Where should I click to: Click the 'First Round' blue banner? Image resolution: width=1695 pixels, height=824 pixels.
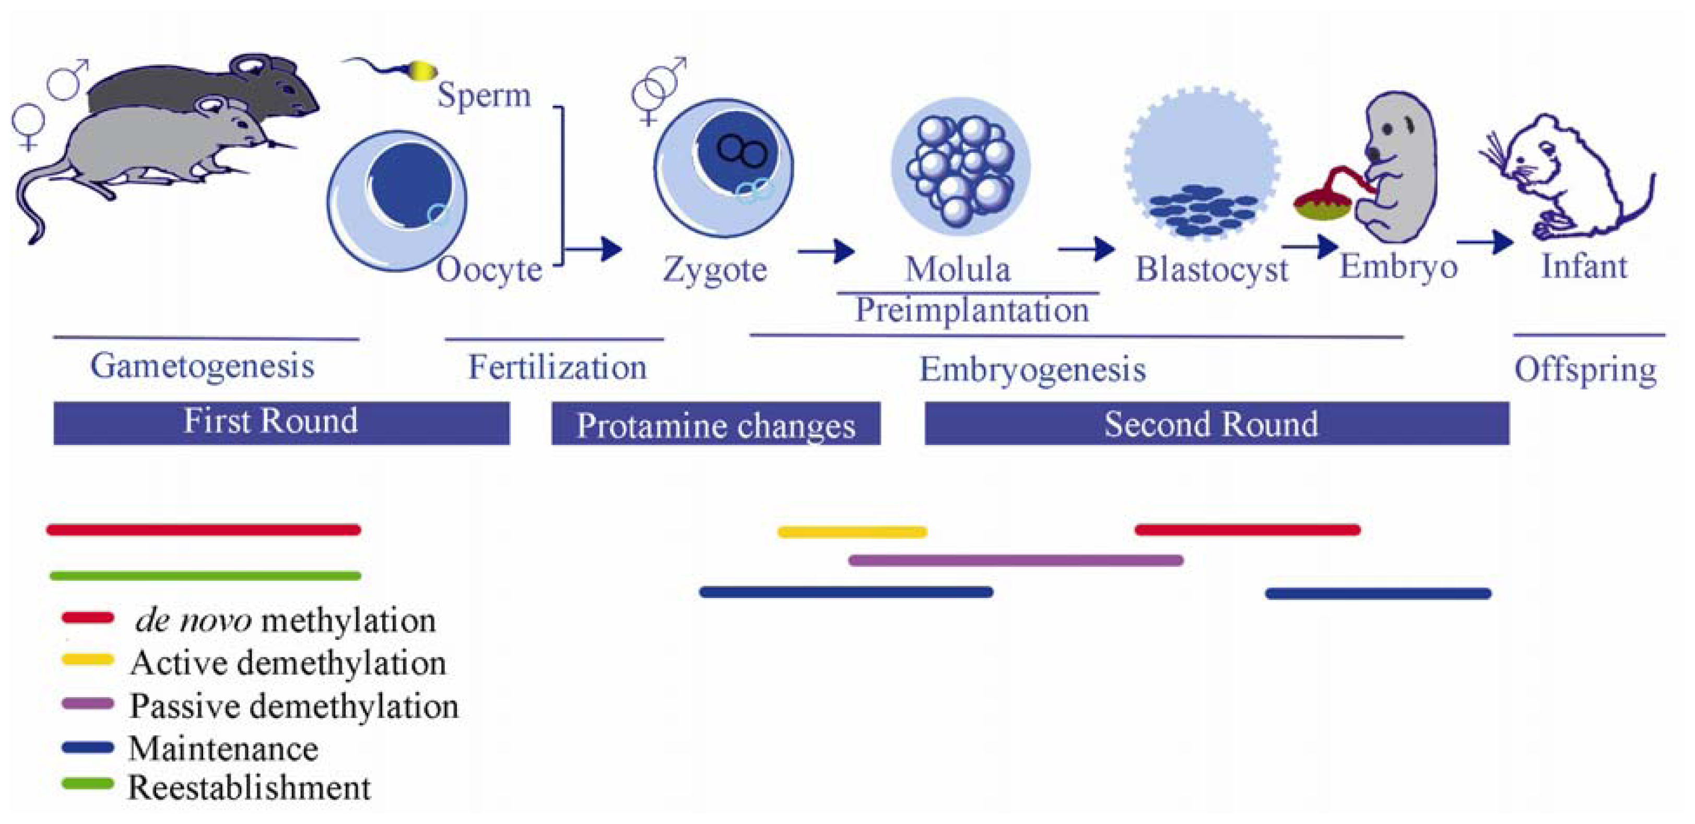click(x=281, y=423)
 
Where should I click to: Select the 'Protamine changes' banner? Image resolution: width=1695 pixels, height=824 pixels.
click(x=715, y=424)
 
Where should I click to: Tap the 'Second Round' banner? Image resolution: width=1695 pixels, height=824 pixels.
click(x=1216, y=424)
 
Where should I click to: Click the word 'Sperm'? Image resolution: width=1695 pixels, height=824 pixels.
click(x=484, y=95)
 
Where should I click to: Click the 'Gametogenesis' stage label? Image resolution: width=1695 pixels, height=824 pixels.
click(x=202, y=366)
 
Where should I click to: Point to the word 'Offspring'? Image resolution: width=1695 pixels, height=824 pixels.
click(x=1585, y=370)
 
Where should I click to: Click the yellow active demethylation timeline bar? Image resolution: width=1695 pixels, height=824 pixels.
click(x=852, y=531)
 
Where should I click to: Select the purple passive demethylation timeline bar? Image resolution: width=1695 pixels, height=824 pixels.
click(x=1015, y=560)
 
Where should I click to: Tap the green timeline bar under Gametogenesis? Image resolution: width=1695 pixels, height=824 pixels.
click(x=205, y=576)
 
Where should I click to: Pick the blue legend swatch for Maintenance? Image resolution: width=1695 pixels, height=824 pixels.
click(x=88, y=748)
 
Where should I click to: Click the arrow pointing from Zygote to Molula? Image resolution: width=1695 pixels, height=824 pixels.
click(x=826, y=251)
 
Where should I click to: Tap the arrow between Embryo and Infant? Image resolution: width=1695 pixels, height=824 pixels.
click(x=1485, y=243)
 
